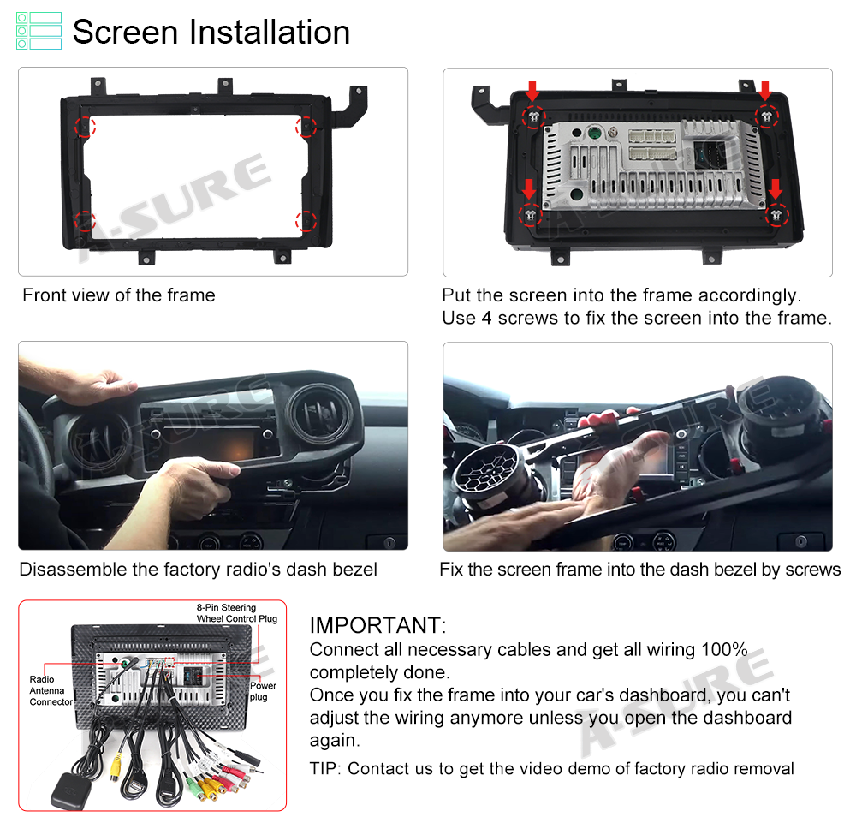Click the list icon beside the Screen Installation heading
(39, 31)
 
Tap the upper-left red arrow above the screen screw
(532, 91)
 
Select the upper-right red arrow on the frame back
(765, 91)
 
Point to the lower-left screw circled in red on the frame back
(530, 215)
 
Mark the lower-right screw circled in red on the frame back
(776, 215)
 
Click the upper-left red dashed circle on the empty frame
(85, 127)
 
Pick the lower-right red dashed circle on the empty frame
(306, 221)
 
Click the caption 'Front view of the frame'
(119, 295)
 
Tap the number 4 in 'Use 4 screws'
(486, 318)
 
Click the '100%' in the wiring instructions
(724, 649)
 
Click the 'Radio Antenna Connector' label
(51, 690)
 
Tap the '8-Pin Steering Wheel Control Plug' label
(237, 612)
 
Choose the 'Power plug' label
(263, 691)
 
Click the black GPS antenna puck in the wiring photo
(71, 790)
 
